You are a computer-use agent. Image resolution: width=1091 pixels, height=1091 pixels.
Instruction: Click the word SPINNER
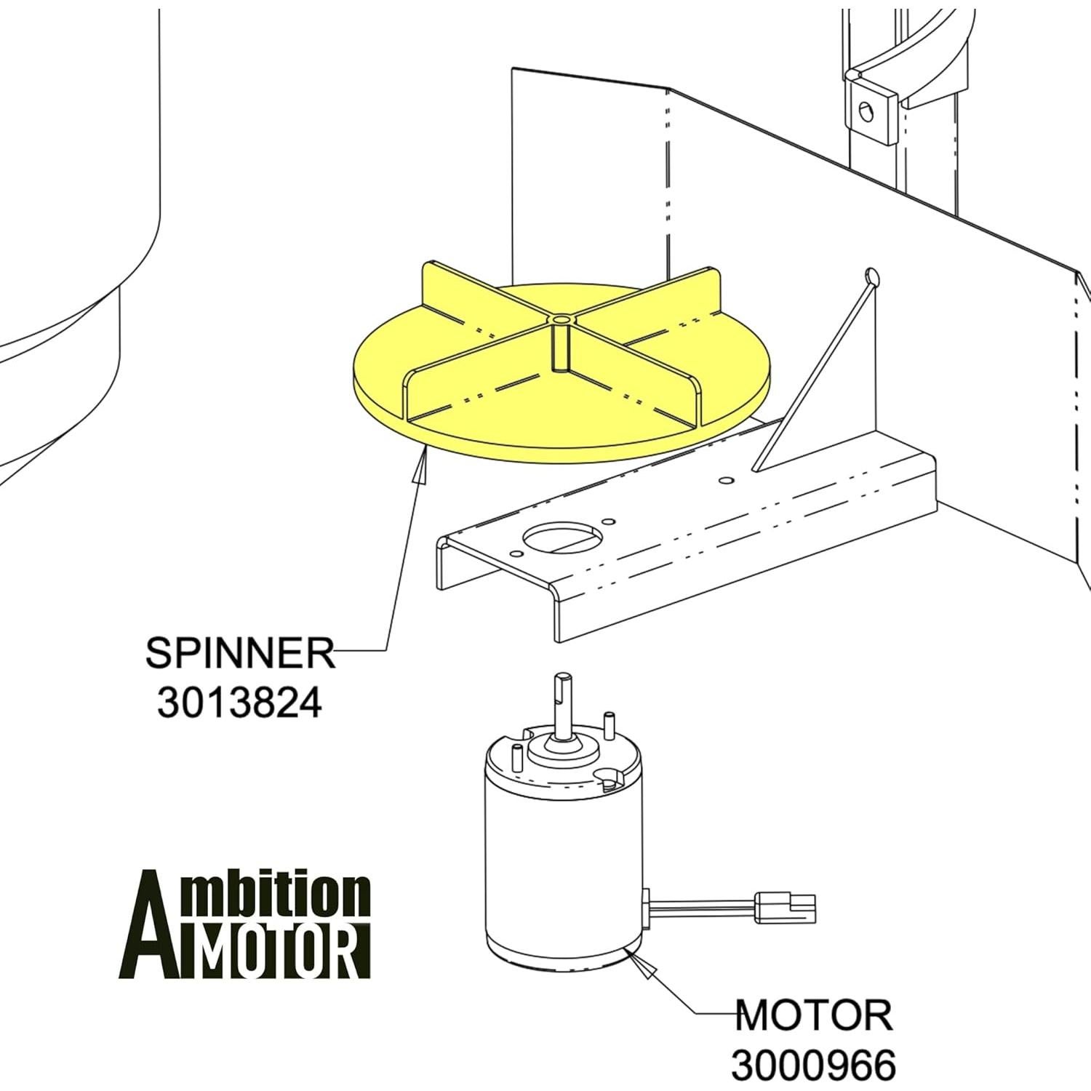point(240,653)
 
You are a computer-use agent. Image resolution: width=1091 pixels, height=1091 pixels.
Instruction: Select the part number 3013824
point(239,703)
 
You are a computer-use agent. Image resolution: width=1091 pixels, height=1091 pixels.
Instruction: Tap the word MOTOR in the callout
point(814,1015)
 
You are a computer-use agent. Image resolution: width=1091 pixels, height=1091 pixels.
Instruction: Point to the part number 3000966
point(813,1066)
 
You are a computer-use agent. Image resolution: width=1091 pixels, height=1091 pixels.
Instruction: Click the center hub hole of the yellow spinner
point(562,320)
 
